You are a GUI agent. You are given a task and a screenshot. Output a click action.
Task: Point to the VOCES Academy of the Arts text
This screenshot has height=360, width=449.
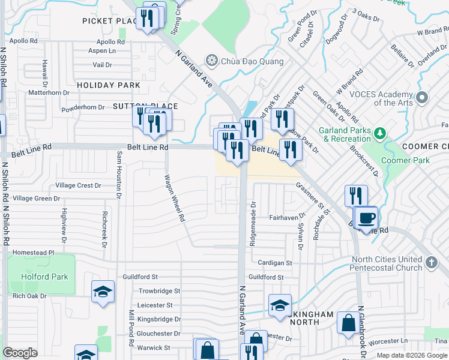382,98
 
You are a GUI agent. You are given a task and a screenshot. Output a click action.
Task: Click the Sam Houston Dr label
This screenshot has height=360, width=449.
119,175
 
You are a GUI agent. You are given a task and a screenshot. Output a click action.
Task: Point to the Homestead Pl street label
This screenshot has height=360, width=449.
33,253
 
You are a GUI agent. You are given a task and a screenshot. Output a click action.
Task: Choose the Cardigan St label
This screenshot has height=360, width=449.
274,263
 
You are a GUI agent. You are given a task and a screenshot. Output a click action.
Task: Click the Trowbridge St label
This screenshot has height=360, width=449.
160,291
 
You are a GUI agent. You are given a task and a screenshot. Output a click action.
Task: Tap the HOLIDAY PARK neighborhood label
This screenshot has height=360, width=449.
109,85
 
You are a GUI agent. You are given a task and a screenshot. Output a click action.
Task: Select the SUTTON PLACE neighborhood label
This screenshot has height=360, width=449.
134,106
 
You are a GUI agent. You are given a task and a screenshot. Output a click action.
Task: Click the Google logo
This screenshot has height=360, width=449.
20,353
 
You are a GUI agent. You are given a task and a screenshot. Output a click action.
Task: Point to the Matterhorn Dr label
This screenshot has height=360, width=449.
58,93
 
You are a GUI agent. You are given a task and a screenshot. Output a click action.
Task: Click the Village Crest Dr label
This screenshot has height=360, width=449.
79,186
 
